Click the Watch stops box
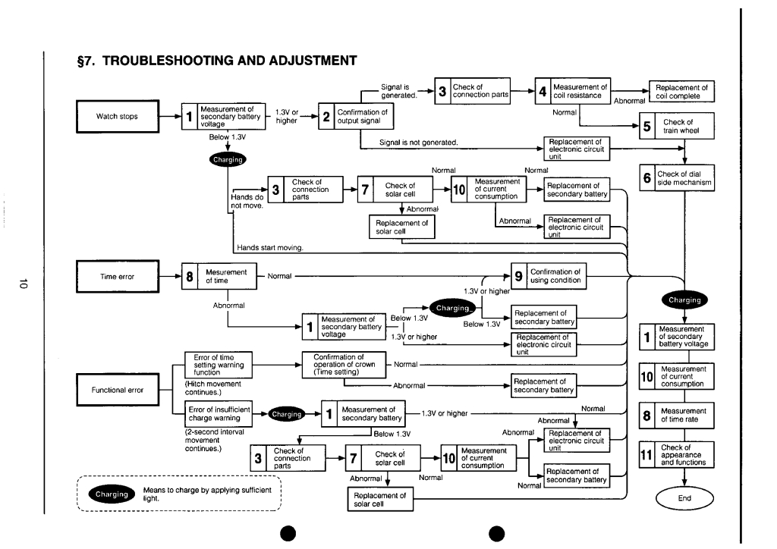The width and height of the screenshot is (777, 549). click(x=118, y=117)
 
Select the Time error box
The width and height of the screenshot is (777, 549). click(x=118, y=277)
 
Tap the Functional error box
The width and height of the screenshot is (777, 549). click(x=118, y=391)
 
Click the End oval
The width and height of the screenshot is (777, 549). click(x=685, y=498)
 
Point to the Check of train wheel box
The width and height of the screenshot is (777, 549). click(x=677, y=126)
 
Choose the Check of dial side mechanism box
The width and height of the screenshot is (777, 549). click(x=677, y=178)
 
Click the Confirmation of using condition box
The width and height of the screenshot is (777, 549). click(x=548, y=276)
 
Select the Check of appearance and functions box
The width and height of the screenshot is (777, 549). click(x=677, y=454)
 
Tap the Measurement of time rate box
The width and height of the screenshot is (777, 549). click(x=677, y=415)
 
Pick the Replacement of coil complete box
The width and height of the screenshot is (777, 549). click(x=681, y=92)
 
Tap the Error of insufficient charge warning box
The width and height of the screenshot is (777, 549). click(x=219, y=414)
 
